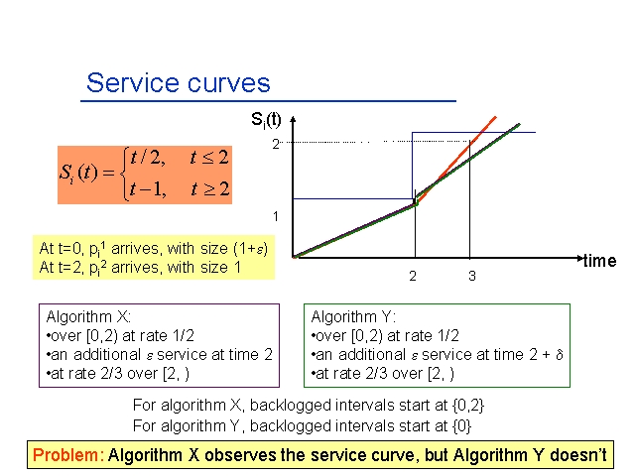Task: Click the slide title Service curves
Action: click(x=179, y=83)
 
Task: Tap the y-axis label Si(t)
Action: click(x=266, y=120)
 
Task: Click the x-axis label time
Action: click(x=599, y=261)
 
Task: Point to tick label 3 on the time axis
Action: click(x=472, y=276)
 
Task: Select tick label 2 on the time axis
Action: click(x=413, y=276)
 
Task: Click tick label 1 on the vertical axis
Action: click(x=276, y=216)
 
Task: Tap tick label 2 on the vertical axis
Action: click(x=276, y=144)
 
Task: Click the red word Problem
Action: click(x=65, y=455)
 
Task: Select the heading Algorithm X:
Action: click(x=88, y=316)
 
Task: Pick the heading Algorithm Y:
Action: click(x=353, y=316)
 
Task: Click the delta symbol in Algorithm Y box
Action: click(x=560, y=355)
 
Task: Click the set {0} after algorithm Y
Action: click(x=461, y=425)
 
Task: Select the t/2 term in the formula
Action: click(x=148, y=158)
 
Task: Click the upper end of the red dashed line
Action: click(x=496, y=117)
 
